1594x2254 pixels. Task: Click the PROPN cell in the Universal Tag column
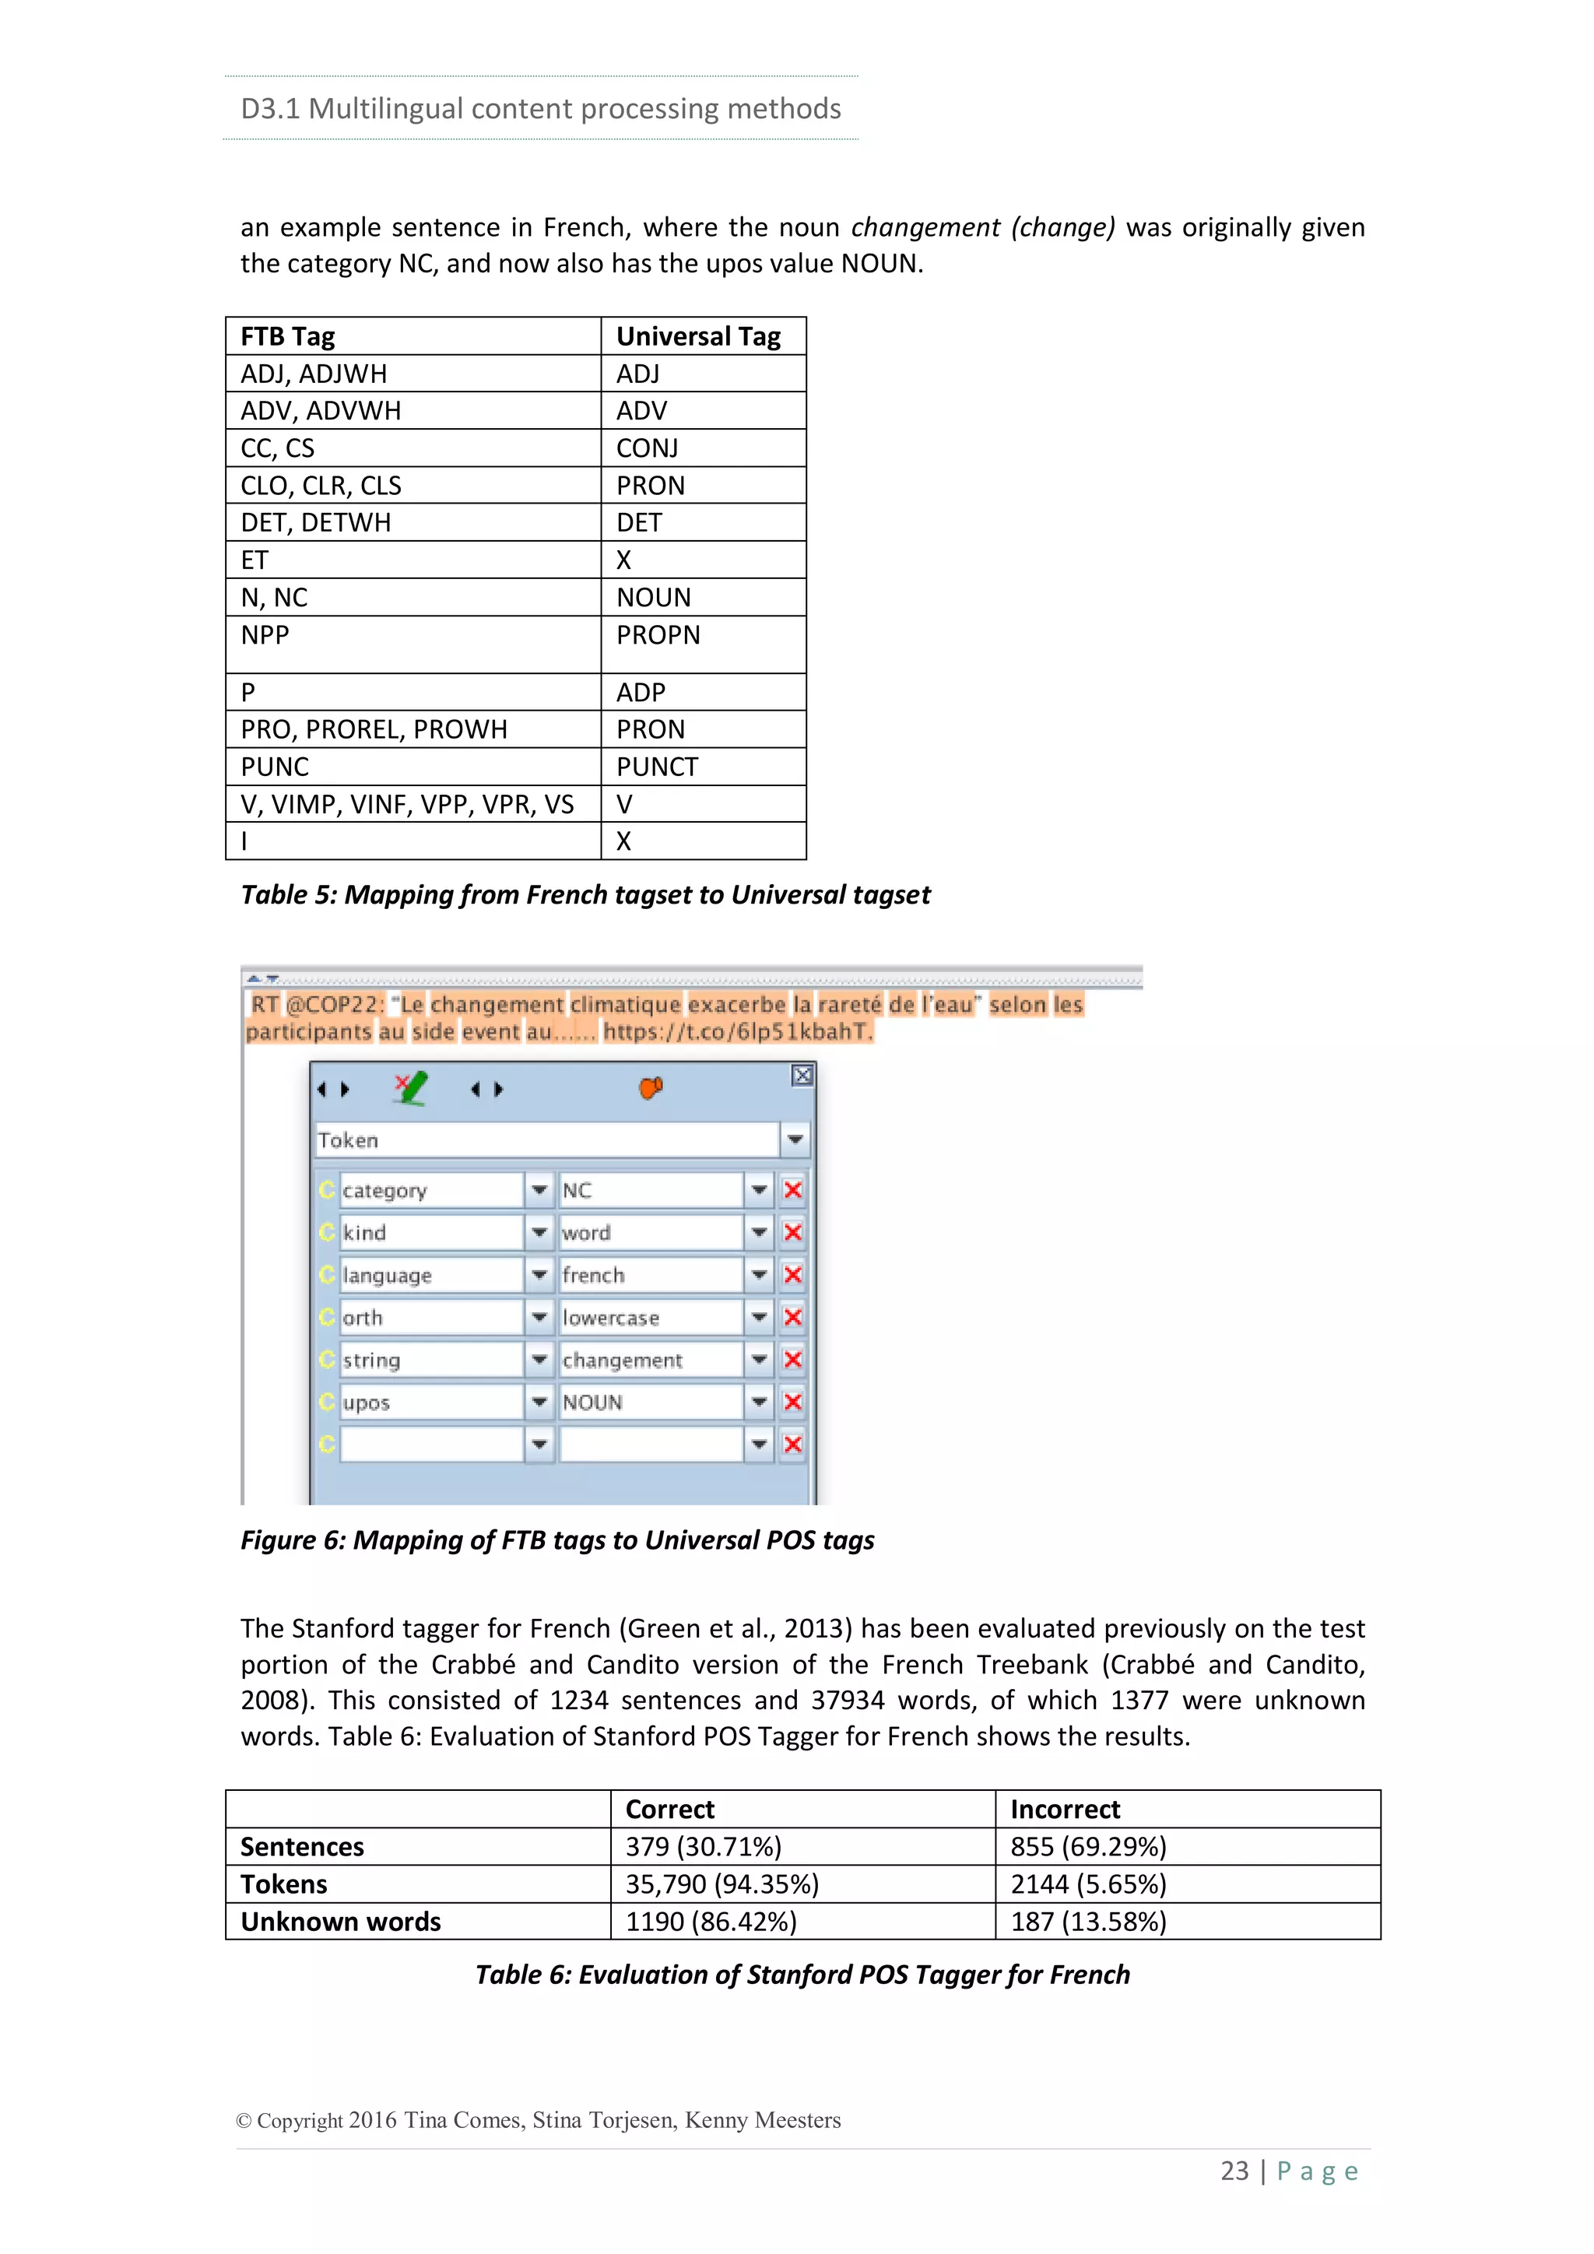(658, 635)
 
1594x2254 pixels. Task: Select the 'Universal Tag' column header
(698, 337)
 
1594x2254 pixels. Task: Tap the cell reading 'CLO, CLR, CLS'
(321, 486)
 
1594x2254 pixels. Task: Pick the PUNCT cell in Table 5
(657, 767)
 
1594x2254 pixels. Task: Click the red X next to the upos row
(793, 1402)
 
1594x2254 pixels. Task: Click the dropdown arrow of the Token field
(795, 1139)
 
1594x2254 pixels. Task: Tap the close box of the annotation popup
(802, 1075)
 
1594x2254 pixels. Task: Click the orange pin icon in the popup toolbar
(651, 1088)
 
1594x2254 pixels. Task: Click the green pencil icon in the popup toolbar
(410, 1088)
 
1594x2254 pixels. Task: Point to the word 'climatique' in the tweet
(625, 1004)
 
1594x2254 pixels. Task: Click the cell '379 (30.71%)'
(703, 1847)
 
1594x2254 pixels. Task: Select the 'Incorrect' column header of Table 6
(1065, 1810)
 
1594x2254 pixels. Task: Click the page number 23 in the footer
(1234, 2171)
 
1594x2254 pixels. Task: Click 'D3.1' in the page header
(270, 108)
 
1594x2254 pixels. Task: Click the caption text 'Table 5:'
(289, 894)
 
